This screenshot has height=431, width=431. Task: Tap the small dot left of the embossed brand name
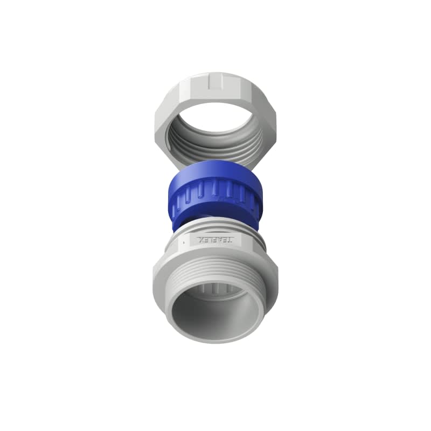184,242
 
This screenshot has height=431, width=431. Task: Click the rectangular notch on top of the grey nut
216,81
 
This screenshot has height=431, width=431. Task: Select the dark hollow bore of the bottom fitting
215,315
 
